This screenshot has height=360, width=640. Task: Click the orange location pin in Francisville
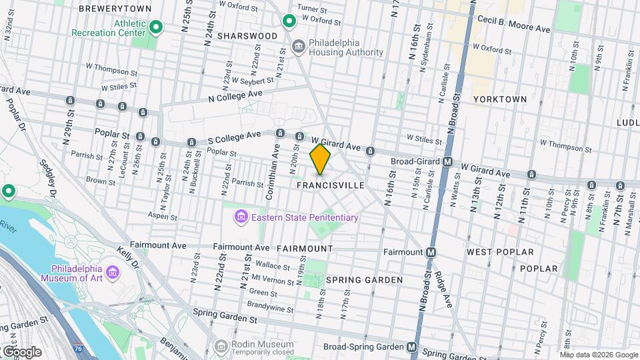point(320,159)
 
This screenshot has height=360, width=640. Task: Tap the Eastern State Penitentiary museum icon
point(240,217)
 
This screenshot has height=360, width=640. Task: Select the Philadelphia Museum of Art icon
point(112,273)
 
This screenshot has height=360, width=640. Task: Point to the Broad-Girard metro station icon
point(449,161)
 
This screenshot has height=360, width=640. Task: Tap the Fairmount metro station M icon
point(431,252)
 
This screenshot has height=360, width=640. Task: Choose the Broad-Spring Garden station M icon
point(413,347)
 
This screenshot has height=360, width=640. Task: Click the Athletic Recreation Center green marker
point(156,27)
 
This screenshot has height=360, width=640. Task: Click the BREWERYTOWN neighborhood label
point(115,9)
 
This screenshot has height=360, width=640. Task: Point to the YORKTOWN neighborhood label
point(500,99)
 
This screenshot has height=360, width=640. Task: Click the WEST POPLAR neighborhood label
point(500,252)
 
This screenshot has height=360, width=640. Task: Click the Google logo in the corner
point(22,351)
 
